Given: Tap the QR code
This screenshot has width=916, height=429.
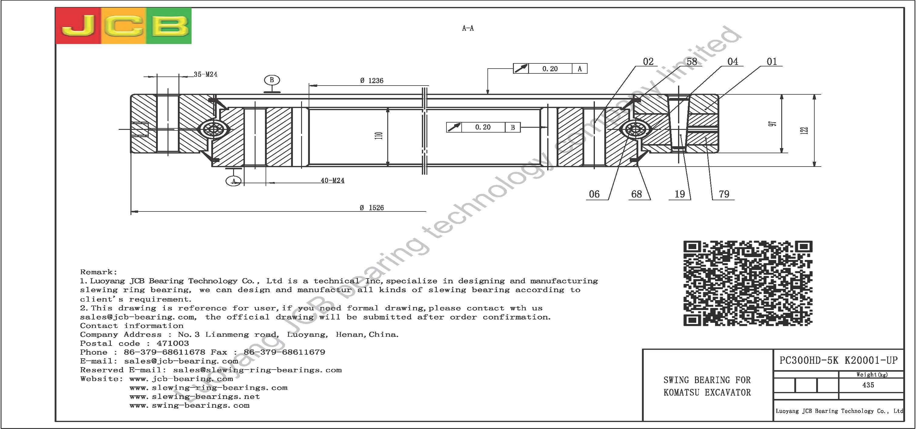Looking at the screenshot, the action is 748,283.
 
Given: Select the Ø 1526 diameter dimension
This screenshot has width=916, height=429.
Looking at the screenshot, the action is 371,208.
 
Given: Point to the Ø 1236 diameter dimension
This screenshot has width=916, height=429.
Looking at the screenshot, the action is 371,81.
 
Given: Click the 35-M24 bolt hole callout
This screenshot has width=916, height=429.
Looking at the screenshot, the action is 205,74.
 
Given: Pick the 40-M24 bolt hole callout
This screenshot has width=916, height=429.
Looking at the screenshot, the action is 332,181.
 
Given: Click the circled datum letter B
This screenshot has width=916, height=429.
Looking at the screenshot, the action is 272,80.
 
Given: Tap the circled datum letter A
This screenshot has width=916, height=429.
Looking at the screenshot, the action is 234,181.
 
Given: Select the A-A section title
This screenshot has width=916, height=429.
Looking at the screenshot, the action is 468,28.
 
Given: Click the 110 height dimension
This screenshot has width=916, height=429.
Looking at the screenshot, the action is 379,135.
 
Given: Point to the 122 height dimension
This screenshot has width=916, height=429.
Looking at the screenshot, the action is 805,130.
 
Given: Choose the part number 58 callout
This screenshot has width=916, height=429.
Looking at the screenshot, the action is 692,62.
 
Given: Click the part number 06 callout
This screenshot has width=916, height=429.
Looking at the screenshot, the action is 594,194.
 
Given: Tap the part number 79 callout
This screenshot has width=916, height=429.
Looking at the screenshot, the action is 724,194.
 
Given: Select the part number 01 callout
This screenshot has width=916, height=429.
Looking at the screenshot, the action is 772,62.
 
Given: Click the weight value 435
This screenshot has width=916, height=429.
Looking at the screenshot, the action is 868,385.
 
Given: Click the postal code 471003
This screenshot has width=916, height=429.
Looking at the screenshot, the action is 173,343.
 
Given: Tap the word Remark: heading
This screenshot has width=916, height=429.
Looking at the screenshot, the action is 99,272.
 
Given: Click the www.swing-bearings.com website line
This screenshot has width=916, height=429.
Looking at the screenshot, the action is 189,406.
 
